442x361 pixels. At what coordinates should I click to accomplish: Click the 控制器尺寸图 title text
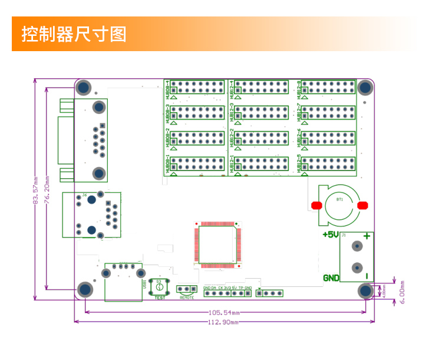[x=74, y=34]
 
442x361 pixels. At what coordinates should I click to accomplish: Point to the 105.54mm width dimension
[x=225, y=312]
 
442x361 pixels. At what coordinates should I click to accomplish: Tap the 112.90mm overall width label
[x=225, y=322]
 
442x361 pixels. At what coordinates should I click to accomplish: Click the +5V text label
[x=330, y=235]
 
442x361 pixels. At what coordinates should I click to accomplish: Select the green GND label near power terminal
[x=331, y=278]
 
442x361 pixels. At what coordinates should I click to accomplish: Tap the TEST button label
[x=160, y=298]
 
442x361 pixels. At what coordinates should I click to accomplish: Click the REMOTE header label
[x=187, y=298]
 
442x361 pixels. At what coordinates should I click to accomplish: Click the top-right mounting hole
[x=365, y=88]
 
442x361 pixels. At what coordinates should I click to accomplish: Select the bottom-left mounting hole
[x=85, y=289]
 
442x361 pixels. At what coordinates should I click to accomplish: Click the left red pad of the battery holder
[x=315, y=205]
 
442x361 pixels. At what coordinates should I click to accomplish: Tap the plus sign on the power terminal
[x=367, y=236]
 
